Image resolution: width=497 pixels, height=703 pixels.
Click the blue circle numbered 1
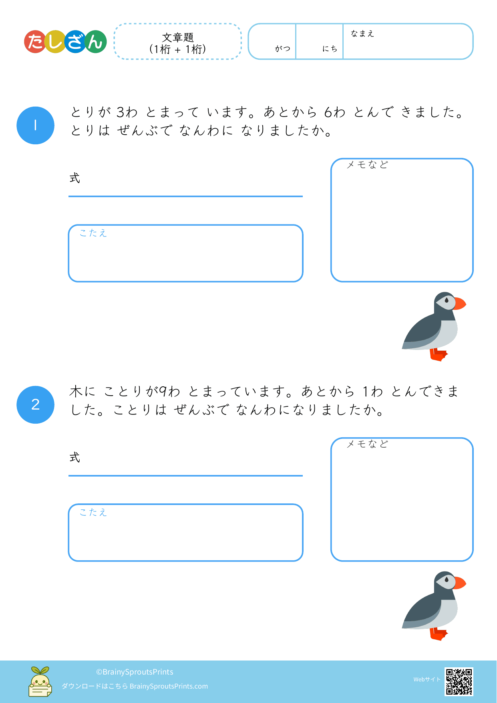(x=35, y=125)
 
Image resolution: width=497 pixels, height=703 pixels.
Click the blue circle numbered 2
(x=35, y=405)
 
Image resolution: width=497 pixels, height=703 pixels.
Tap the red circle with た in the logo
(x=36, y=42)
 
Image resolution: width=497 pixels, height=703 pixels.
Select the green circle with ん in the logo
(x=95, y=42)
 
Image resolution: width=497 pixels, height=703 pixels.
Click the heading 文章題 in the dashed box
(x=178, y=37)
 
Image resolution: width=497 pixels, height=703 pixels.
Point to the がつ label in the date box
(x=283, y=48)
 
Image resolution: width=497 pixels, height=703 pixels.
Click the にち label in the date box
(x=330, y=48)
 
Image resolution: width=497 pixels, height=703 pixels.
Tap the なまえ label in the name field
(x=362, y=34)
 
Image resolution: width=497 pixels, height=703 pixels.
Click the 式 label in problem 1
(x=75, y=178)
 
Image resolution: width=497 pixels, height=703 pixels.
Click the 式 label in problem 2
(x=75, y=457)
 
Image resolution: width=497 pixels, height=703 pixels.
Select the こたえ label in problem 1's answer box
(x=93, y=233)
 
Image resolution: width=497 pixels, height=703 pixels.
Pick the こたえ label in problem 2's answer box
(x=93, y=512)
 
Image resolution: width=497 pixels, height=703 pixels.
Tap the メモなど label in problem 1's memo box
(x=367, y=164)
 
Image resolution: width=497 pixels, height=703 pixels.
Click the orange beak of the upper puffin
(x=460, y=303)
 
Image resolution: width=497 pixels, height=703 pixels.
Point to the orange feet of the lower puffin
(x=439, y=634)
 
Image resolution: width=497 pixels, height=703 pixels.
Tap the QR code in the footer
(x=459, y=681)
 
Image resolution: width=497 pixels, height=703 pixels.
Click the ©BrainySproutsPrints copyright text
(x=135, y=672)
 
